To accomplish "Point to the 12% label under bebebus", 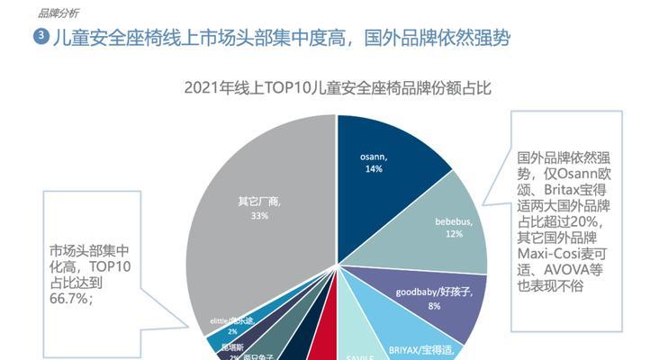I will coord(453,233).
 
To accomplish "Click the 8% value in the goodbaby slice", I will coord(434,306).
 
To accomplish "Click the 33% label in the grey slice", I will coord(259,216).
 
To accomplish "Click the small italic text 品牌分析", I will coord(59,12).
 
